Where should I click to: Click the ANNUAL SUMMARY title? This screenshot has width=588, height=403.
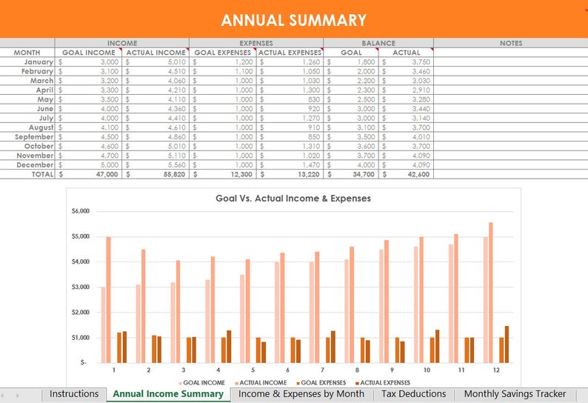[293, 20]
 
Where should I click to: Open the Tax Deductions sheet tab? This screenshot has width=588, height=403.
[413, 394]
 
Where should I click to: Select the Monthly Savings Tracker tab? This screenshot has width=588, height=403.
[515, 394]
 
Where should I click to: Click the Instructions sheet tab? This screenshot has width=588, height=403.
[74, 394]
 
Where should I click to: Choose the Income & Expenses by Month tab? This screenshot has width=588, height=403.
[301, 394]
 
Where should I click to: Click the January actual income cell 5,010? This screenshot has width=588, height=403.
[156, 62]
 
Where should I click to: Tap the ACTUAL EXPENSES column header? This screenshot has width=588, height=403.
[290, 53]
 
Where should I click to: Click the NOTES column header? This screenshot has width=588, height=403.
[510, 43]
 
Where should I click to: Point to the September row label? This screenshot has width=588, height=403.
[34, 137]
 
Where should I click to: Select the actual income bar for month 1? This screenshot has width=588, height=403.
[109, 299]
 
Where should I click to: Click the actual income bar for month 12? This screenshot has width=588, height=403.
[490, 292]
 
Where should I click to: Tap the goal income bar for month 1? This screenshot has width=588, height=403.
[103, 324]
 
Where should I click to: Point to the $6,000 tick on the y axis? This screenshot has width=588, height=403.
[80, 211]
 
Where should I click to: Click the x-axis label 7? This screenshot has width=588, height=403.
[322, 369]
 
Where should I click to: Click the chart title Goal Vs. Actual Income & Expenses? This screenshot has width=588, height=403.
[293, 199]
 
